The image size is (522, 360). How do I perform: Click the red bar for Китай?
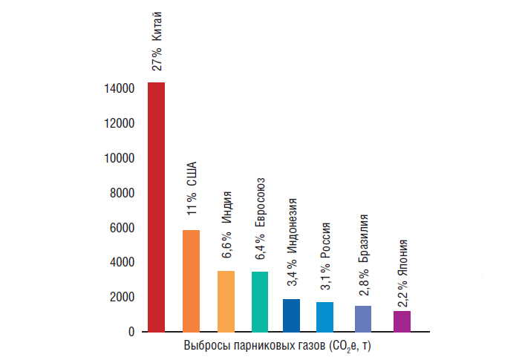156,207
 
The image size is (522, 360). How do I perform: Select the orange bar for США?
191,281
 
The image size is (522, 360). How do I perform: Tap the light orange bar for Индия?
226,301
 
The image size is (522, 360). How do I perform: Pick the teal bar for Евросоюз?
260,301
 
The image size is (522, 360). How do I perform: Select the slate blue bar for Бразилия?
363,318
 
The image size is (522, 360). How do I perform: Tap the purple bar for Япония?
402,321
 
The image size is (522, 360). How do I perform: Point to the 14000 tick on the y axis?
120,89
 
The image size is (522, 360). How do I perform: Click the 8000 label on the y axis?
123,193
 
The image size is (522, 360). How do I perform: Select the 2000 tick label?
123,297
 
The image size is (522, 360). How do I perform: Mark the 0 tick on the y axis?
131,332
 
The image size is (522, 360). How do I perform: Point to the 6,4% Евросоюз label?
261,218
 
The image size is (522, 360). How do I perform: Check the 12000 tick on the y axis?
120,123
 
